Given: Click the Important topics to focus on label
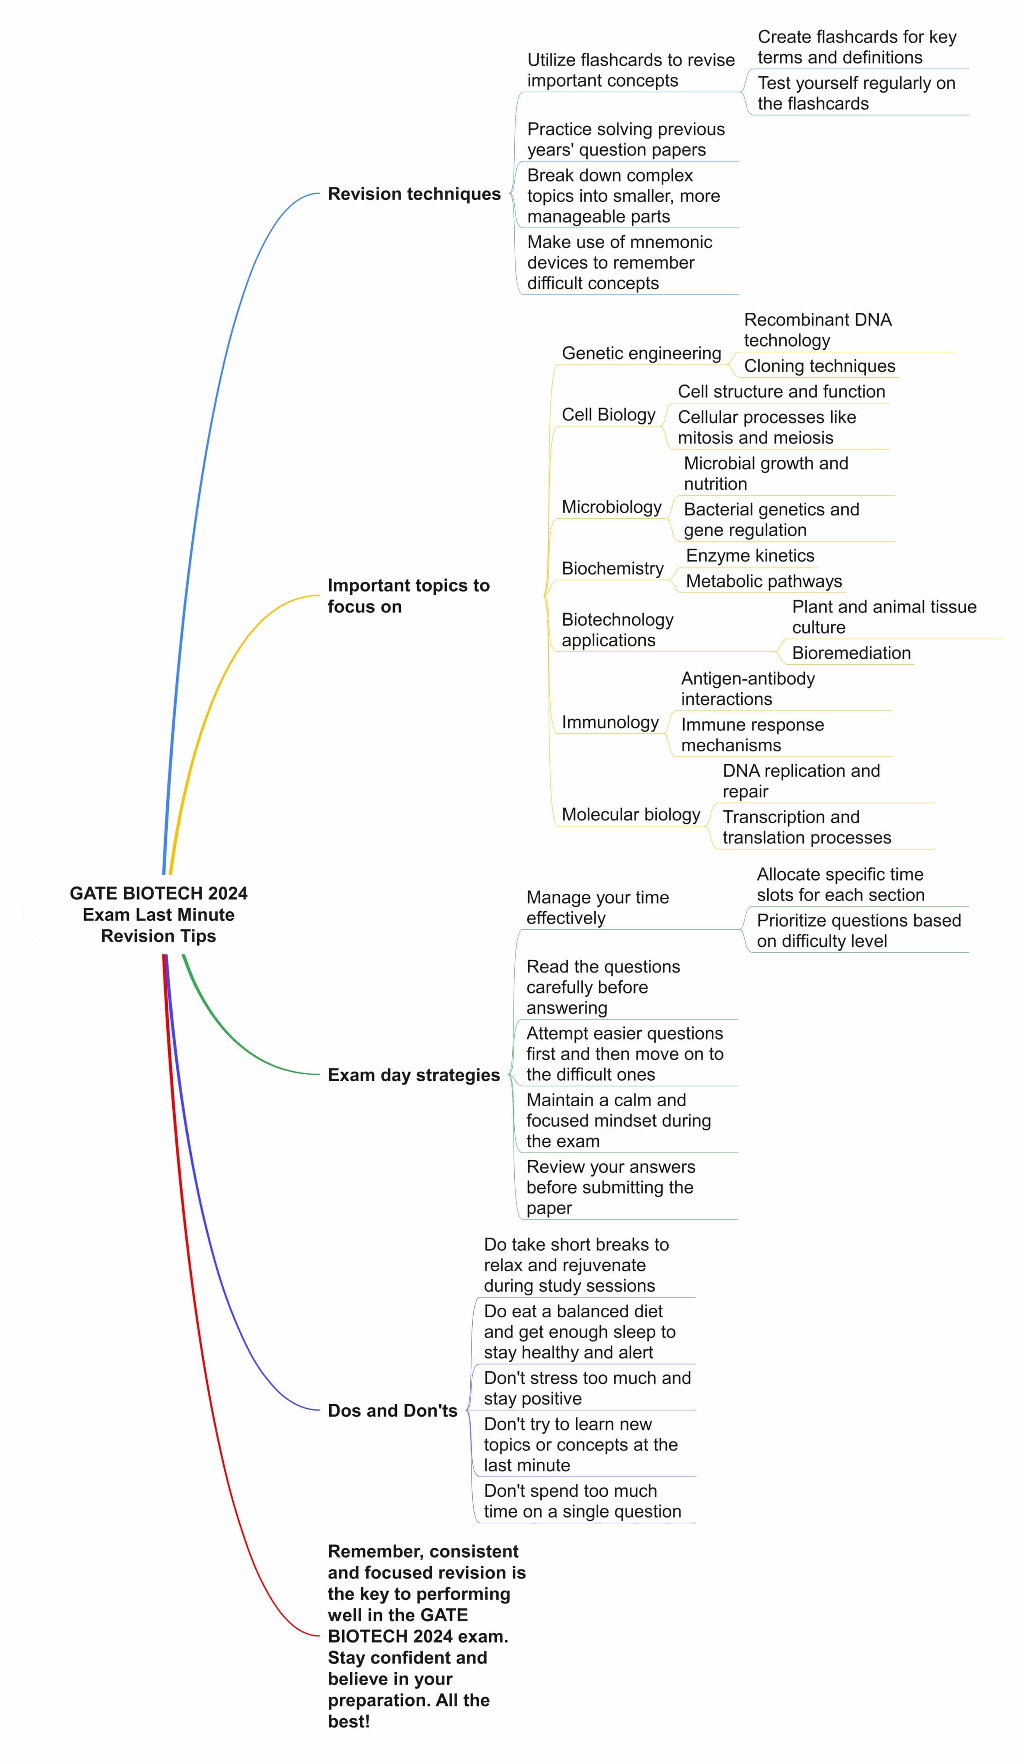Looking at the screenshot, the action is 409,596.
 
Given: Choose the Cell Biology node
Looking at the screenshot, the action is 609,414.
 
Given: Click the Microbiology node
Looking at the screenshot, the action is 611,507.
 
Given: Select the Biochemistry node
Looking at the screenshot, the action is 612,568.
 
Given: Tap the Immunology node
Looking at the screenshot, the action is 610,722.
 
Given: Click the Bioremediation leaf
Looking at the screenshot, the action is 851,653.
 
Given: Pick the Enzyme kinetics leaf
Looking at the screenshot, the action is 750,556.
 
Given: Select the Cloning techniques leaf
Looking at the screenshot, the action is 819,365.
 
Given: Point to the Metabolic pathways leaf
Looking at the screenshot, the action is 764,581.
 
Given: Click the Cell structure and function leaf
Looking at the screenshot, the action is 781,391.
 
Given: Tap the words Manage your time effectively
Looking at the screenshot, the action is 597,907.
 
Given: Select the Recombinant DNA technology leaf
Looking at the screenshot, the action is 818,330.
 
